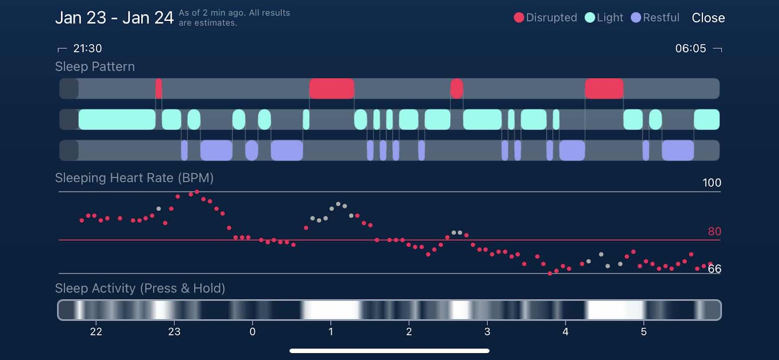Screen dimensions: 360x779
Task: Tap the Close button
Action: tap(708, 18)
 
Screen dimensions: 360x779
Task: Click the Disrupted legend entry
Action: tap(545, 18)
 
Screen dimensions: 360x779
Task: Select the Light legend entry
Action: tap(604, 18)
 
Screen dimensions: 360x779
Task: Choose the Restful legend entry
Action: tap(655, 18)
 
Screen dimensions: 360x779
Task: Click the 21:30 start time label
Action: tap(87, 48)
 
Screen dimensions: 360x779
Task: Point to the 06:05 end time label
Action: tap(690, 48)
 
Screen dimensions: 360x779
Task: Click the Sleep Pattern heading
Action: tap(95, 66)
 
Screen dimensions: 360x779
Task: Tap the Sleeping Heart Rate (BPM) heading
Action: tap(134, 178)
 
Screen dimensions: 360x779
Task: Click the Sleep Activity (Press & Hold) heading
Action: tap(140, 288)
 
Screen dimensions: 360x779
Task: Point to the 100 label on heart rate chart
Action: tap(711, 183)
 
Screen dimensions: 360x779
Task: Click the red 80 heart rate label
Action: tap(714, 231)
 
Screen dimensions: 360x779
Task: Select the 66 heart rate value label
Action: tap(714, 269)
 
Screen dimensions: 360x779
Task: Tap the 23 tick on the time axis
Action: tap(174, 332)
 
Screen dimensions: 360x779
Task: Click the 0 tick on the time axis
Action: tap(252, 332)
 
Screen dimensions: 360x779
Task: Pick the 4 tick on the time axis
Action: tap(565, 332)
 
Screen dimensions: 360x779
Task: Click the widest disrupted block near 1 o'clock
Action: tap(332, 89)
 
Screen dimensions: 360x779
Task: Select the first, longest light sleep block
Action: tap(117, 119)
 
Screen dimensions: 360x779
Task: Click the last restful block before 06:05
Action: tap(677, 150)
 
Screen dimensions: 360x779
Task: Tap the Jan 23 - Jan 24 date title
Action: tap(114, 18)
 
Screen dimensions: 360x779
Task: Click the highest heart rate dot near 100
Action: tap(197, 192)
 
